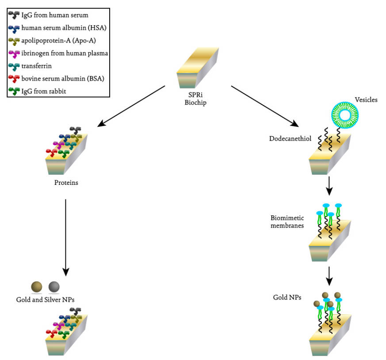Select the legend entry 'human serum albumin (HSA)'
click(x=64, y=28)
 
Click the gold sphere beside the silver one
click(x=36, y=287)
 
